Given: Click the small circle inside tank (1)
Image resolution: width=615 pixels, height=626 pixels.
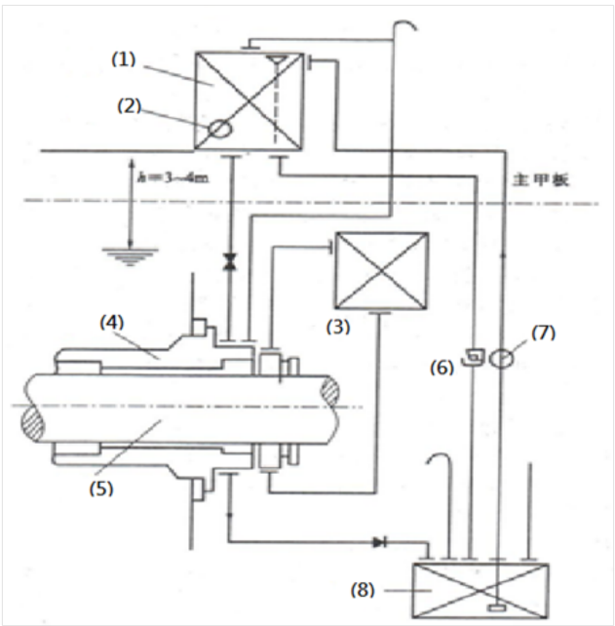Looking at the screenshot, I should (x=219, y=127).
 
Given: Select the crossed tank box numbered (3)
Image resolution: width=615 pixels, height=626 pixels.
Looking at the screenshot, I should (x=381, y=270).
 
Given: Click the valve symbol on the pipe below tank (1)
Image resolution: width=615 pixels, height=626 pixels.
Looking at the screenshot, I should (x=230, y=261).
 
